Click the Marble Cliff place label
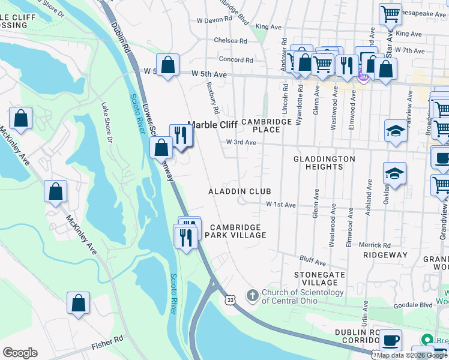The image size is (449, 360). [213, 125]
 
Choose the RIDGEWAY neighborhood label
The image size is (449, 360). [385, 255]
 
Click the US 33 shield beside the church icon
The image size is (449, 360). [231, 298]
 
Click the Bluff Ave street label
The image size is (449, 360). [312, 261]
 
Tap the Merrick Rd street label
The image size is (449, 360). [375, 245]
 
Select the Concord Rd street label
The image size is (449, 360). [236, 60]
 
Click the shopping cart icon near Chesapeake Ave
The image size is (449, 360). [391, 13]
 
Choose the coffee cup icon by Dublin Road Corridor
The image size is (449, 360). [391, 340]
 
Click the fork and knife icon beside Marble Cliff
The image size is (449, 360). [181, 135]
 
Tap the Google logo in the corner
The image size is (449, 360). [20, 353]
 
